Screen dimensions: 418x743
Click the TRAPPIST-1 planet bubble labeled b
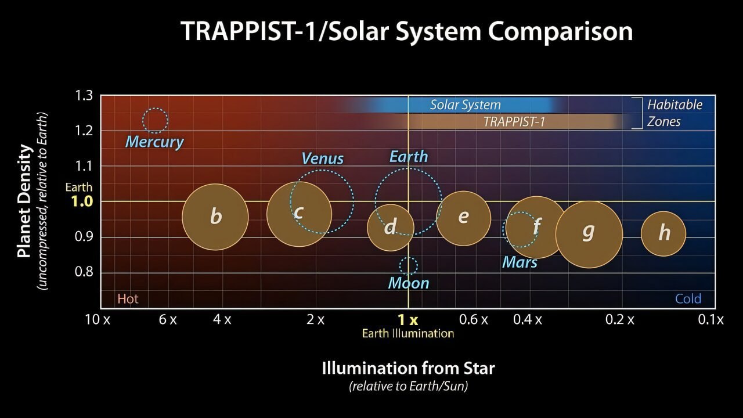pyautogui.click(x=215, y=217)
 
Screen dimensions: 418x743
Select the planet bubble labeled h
pyautogui.click(x=663, y=233)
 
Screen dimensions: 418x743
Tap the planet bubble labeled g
pyautogui.click(x=589, y=234)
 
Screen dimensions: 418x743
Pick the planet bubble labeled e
pyautogui.click(x=463, y=218)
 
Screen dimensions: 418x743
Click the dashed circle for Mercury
pyautogui.click(x=155, y=121)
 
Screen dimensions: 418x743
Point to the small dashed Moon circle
pyautogui.click(x=408, y=266)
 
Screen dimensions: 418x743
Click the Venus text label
pyautogui.click(x=323, y=158)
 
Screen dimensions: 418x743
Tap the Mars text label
pyautogui.click(x=520, y=262)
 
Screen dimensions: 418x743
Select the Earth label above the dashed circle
pyautogui.click(x=409, y=157)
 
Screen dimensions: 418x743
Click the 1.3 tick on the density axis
pyautogui.click(x=84, y=96)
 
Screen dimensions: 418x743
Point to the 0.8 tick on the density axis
pyautogui.click(x=84, y=272)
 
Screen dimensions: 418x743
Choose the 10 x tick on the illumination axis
pyautogui.click(x=98, y=319)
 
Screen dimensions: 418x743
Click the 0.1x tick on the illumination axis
pyautogui.click(x=710, y=319)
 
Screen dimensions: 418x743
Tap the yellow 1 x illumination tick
pyautogui.click(x=407, y=319)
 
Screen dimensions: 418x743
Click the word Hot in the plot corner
pyautogui.click(x=128, y=299)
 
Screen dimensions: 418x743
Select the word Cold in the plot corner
pyautogui.click(x=688, y=299)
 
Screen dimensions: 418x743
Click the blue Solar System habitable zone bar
pyautogui.click(x=464, y=105)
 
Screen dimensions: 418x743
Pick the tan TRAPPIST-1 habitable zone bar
pyautogui.click(x=514, y=121)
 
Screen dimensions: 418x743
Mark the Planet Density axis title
pyautogui.click(x=24, y=201)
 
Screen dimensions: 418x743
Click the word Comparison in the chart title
pyautogui.click(x=560, y=31)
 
